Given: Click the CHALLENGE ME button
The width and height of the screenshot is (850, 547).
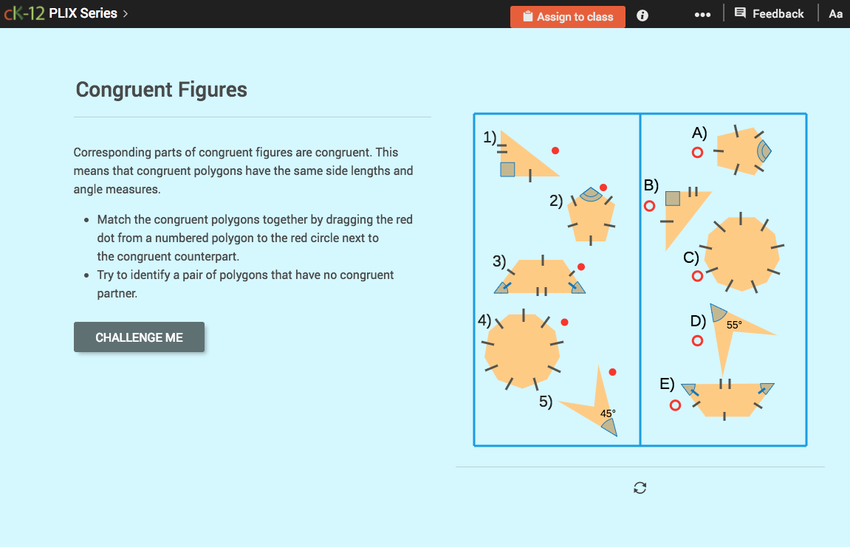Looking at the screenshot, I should [139, 337].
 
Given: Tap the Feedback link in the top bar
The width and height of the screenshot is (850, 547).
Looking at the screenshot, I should [770, 13].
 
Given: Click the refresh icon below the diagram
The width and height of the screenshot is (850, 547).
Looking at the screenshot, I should [640, 487].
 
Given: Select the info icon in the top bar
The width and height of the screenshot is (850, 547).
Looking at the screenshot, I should [642, 16].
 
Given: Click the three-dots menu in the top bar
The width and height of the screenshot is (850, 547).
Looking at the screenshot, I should [702, 15].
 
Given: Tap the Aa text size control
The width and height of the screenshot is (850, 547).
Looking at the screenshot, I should [835, 14].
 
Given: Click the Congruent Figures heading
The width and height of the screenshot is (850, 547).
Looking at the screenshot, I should [162, 90].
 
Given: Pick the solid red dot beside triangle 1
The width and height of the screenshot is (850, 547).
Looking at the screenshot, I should [555, 151].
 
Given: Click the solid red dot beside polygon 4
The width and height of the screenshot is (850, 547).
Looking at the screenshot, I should [565, 322].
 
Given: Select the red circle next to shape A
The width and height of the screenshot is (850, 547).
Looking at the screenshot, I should [697, 153].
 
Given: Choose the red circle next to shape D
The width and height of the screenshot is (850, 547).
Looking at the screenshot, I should [697, 340].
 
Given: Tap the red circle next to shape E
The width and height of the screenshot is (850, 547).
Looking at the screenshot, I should [675, 405].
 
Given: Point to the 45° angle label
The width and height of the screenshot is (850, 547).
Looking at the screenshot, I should [608, 413].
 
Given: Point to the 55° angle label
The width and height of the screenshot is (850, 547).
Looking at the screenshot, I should [734, 324].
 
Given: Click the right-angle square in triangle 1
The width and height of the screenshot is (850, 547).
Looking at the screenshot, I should [507, 169].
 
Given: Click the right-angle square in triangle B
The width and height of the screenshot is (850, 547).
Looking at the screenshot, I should [673, 198].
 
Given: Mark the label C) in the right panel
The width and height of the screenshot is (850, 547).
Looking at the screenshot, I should [691, 258].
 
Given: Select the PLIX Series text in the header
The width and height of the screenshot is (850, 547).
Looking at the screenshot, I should [83, 13].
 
